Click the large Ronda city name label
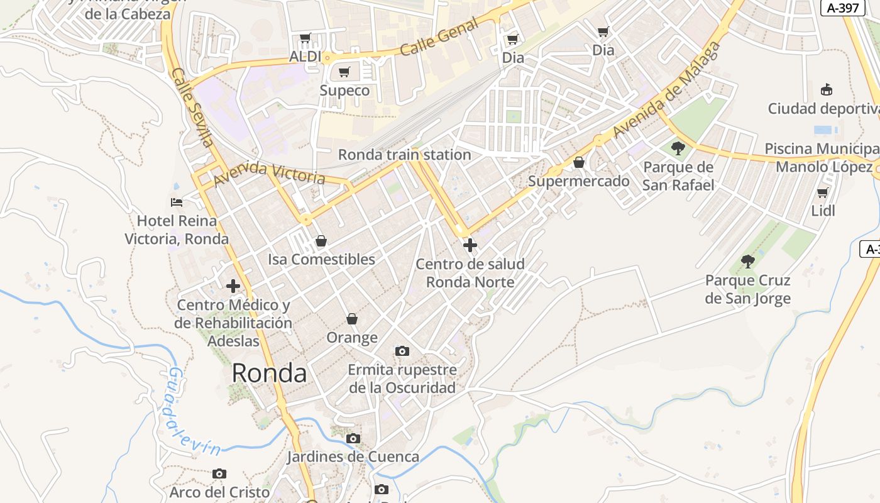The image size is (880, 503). pyautogui.click(x=269, y=373)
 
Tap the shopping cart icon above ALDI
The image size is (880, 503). pyautogui.click(x=305, y=38)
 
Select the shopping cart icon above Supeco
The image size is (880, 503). pyautogui.click(x=344, y=72)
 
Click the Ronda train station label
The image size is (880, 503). pyautogui.click(x=404, y=155)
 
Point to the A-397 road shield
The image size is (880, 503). pyautogui.click(x=843, y=8)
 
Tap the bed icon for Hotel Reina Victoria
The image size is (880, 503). pyautogui.click(x=177, y=202)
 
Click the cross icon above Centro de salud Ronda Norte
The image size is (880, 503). pyautogui.click(x=470, y=245)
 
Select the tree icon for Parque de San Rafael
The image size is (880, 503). pyautogui.click(x=678, y=148)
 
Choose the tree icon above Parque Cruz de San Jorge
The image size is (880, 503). pyautogui.click(x=747, y=261)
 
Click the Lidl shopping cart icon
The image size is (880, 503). pyautogui.click(x=822, y=192)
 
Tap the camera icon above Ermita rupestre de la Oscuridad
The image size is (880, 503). pyautogui.click(x=402, y=351)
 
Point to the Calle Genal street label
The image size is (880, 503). pyautogui.click(x=439, y=37)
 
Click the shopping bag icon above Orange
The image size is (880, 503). pyautogui.click(x=352, y=319)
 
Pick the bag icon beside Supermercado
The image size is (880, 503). pyautogui.click(x=579, y=163)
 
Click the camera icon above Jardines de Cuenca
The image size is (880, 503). pyautogui.click(x=353, y=438)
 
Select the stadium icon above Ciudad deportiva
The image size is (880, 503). pyautogui.click(x=827, y=90)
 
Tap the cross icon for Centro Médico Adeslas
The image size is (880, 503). pyautogui.click(x=233, y=286)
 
